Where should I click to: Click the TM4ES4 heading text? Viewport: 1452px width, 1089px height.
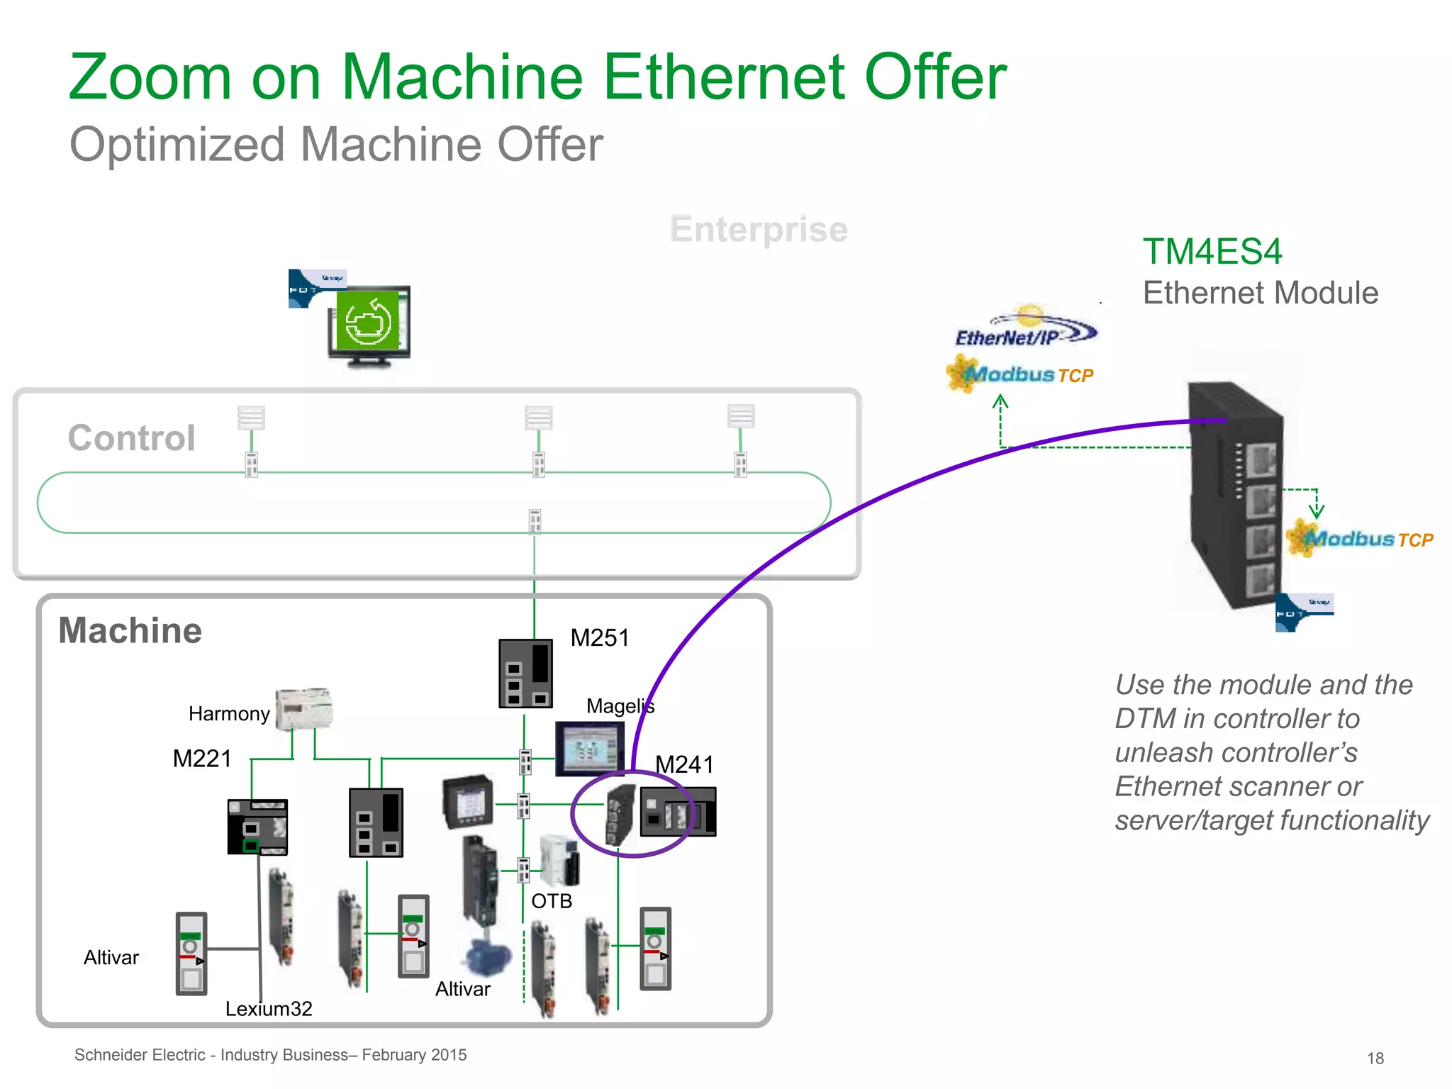click(1212, 252)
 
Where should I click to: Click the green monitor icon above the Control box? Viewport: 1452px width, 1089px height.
click(369, 323)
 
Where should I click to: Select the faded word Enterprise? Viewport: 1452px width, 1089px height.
click(759, 229)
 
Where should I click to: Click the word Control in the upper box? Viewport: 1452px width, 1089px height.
click(131, 437)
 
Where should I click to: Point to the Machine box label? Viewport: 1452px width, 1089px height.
click(130, 630)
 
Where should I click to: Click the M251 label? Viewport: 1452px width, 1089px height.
click(599, 637)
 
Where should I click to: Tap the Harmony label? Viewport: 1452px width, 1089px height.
click(229, 713)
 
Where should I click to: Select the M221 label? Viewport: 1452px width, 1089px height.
click(202, 759)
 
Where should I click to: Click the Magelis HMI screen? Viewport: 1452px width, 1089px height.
click(588, 749)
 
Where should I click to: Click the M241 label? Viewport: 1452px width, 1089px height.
click(684, 764)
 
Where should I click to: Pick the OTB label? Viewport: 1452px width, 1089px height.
click(552, 901)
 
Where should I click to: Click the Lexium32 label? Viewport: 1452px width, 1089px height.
click(269, 1008)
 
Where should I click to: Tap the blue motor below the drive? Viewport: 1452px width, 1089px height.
click(488, 956)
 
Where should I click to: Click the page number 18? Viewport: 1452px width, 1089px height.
click(1375, 1058)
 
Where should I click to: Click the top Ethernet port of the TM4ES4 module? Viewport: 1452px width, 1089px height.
click(1261, 459)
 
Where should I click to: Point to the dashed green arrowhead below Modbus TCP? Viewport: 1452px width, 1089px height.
click(1000, 403)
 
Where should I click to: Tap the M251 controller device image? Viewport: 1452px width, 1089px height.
click(525, 674)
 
